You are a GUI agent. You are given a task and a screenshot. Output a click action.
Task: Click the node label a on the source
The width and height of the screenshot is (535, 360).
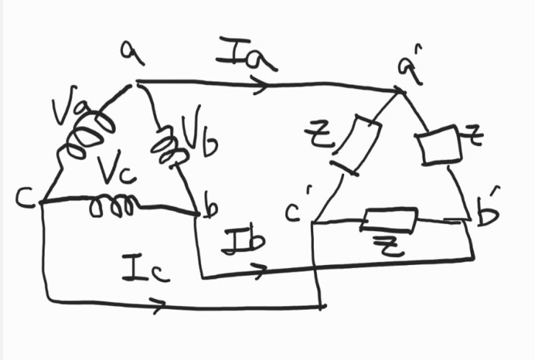tap(132, 53)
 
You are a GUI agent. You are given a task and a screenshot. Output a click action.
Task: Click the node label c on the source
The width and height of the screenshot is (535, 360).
tap(25, 198)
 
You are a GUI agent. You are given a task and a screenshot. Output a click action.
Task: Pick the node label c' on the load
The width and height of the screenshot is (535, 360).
tap(297, 207)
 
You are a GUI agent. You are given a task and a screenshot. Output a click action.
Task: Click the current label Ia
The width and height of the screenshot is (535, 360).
tap(246, 54)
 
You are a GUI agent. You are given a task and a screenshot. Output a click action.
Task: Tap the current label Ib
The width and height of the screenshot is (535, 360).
tap(243, 239)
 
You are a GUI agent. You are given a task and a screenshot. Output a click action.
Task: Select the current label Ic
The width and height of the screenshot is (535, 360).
tap(146, 269)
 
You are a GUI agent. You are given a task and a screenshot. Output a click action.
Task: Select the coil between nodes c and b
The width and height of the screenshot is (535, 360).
tap(112, 206)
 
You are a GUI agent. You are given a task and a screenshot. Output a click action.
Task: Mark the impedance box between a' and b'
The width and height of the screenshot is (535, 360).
tap(439, 145)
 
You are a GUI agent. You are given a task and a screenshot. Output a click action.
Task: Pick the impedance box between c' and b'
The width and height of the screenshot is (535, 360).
tap(390, 220)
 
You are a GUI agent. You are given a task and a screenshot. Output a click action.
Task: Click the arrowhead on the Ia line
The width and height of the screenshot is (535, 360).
tap(258, 85)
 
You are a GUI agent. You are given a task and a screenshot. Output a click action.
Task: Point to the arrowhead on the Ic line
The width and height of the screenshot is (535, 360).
tap(158, 305)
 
